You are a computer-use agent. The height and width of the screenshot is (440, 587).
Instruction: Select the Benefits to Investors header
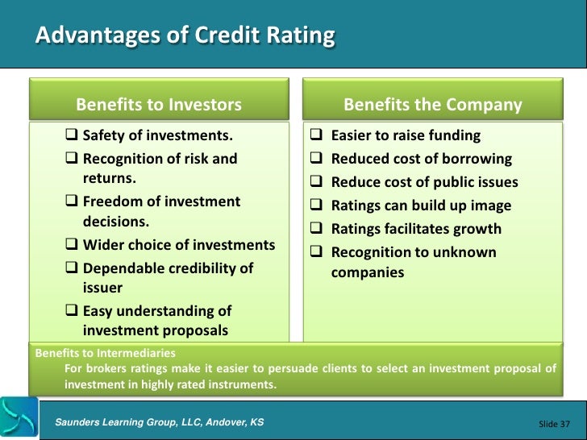point(158,105)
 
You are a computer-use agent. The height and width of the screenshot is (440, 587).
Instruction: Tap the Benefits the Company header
point(432,105)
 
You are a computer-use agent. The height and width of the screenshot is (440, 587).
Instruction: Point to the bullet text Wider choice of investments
point(178,245)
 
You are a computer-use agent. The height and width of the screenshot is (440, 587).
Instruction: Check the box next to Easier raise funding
point(317,135)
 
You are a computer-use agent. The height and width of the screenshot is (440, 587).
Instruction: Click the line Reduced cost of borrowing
point(422,159)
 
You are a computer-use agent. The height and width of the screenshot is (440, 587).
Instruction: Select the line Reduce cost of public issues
point(424,182)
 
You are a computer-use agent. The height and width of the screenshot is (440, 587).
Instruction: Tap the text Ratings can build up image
point(421,205)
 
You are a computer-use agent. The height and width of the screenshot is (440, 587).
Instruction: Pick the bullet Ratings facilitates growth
point(416,229)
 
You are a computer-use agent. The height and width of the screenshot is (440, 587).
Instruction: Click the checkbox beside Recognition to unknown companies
point(317,252)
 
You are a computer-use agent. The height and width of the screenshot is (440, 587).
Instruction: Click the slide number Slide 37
point(553,423)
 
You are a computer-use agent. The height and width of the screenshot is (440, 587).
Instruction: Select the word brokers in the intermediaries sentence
point(106,368)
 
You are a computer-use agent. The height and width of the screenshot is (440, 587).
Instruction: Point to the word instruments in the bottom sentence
point(243,384)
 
